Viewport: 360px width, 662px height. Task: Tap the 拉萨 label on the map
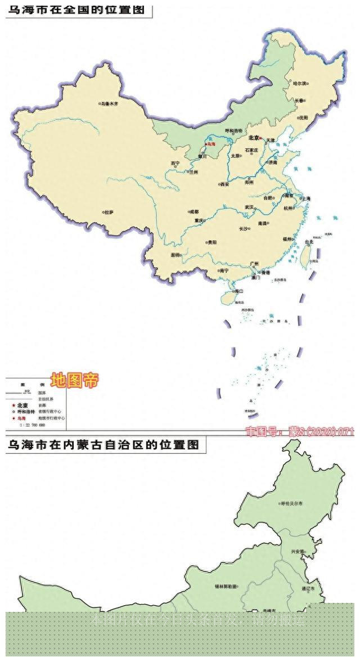click(x=109, y=212)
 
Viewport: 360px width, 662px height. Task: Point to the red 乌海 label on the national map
click(x=211, y=145)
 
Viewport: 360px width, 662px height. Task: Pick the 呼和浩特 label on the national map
click(x=233, y=130)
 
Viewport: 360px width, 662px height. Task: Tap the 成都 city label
click(x=194, y=212)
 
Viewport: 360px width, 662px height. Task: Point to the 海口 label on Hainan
click(x=239, y=291)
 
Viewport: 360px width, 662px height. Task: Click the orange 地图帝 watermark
click(x=74, y=381)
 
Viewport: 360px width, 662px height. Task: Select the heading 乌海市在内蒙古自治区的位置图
click(x=103, y=445)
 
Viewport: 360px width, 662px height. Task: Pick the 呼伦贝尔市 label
click(x=292, y=503)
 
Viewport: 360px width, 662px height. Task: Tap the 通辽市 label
click(x=312, y=588)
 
